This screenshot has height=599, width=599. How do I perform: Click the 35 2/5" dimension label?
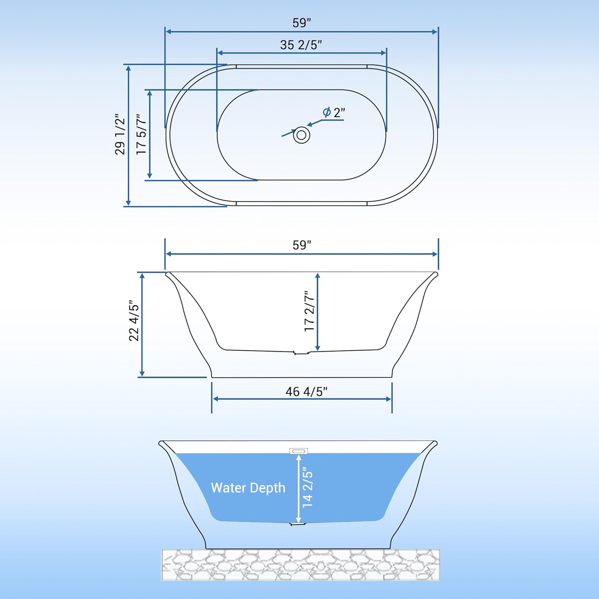301,45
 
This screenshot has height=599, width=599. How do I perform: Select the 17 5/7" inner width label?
141,135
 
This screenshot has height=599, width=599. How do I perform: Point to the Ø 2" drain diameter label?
334,113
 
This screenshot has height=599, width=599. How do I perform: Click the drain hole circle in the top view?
301,135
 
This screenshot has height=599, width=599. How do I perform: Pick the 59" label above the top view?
301,23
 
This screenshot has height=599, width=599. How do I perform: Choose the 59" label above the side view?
301,245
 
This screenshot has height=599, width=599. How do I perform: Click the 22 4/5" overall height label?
134,321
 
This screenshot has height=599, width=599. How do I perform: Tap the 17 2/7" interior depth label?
309,311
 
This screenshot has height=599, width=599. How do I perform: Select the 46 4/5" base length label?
306,391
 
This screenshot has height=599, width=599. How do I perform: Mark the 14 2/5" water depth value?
307,488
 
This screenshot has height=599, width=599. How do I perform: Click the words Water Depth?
248,488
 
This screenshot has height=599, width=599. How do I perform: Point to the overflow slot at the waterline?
299,451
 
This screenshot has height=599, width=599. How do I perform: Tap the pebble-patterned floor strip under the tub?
300,565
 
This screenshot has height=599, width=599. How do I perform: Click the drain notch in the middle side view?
301,353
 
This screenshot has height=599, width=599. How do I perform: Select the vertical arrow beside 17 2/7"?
317,312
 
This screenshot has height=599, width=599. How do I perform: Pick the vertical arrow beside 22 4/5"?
142,325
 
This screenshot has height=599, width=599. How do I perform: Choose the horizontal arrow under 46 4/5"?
302,399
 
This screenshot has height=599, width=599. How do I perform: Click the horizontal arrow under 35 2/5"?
302,53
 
